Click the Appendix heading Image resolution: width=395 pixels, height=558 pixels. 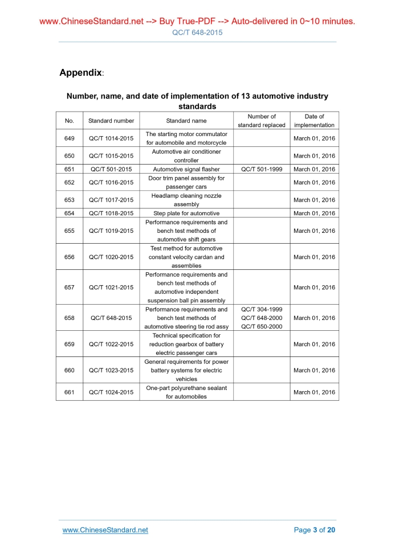coord(81,73)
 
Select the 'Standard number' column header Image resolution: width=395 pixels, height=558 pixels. coord(111,121)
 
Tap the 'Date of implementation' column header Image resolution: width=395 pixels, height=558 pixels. coord(314,121)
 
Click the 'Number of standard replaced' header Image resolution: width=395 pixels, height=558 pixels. coord(262,121)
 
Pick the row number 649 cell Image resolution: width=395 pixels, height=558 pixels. coord(70,138)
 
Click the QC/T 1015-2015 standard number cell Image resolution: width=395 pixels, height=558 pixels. coord(111,156)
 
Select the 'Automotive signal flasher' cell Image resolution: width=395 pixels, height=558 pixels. coord(186,169)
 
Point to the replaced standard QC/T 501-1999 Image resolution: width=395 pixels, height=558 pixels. coord(262,169)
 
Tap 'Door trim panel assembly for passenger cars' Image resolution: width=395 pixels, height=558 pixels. coord(186,182)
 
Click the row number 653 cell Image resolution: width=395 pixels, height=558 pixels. coord(70,200)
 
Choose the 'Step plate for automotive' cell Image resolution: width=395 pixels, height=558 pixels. coord(186,213)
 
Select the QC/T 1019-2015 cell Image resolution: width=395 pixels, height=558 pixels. coord(111,231)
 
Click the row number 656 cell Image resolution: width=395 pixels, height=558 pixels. coord(70,257)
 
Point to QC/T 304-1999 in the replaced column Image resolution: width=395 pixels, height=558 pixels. coord(262,309)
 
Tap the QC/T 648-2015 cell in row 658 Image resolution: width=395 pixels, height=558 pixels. coord(111,318)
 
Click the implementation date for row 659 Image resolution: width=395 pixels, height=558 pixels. coord(314,344)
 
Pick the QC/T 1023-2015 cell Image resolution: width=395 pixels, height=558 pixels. coord(111,370)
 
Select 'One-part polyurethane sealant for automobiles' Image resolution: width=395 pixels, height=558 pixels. coord(186,392)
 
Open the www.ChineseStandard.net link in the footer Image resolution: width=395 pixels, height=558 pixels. coord(105,530)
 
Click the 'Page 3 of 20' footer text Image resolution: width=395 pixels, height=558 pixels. coord(315,530)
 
